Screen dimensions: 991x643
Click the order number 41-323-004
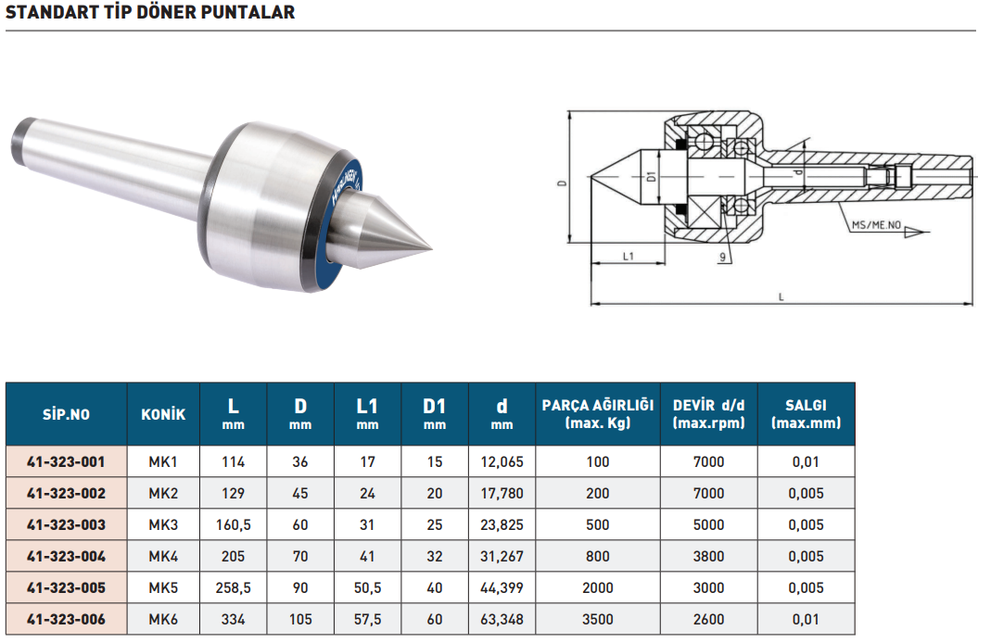[x=67, y=557]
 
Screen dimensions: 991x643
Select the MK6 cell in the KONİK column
[x=163, y=620]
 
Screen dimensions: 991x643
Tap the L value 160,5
[x=234, y=525]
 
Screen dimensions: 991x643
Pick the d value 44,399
[x=502, y=588]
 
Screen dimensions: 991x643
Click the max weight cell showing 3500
[x=598, y=620]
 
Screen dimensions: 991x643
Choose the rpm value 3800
[x=708, y=557]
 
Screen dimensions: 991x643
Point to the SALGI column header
[x=806, y=414]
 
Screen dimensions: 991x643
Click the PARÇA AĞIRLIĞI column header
[x=598, y=414]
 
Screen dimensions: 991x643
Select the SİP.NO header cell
[x=67, y=414]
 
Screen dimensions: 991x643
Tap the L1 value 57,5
[x=367, y=620]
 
